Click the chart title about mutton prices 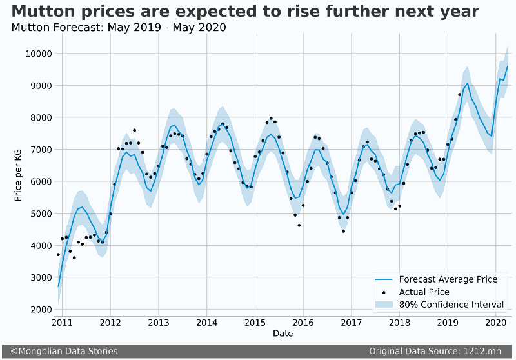pos(245,11)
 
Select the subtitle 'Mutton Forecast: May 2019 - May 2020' pos(119,28)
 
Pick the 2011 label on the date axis pos(62,322)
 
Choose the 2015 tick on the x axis pos(255,322)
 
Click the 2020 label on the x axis pos(495,322)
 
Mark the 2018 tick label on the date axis pos(399,322)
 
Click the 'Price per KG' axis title pos(19,174)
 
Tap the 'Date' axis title pos(283,334)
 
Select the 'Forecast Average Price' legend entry pos(448,279)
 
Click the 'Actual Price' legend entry pos(424,292)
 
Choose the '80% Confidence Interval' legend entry pos(451,305)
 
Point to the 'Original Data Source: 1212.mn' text pos(435,351)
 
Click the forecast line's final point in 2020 pos(508,66)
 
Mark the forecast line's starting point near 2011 pos(58,286)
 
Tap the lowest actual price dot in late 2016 pos(343,231)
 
